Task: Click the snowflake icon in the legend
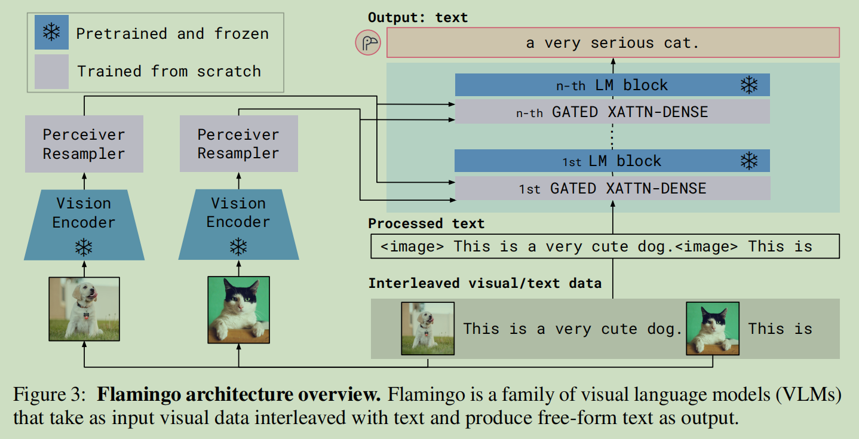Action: (x=52, y=32)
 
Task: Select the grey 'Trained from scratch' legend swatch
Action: (x=52, y=72)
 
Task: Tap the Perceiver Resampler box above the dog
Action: (x=84, y=144)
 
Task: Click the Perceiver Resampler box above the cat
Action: (x=238, y=144)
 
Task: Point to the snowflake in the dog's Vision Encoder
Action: (x=84, y=247)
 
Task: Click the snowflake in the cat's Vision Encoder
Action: (x=238, y=247)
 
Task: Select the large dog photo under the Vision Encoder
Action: (x=84, y=309)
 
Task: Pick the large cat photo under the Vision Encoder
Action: (x=238, y=309)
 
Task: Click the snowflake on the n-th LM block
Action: (x=748, y=85)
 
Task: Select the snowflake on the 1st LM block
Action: (x=748, y=161)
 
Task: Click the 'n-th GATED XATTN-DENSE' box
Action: (x=612, y=112)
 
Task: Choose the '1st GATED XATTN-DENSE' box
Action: (x=612, y=189)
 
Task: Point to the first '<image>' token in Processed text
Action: (x=412, y=247)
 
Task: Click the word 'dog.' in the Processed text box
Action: (x=656, y=247)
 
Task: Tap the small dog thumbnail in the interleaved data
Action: (x=428, y=329)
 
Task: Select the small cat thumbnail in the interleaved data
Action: (x=713, y=329)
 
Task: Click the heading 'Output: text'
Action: (x=418, y=18)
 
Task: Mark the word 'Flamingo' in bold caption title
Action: (x=136, y=395)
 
